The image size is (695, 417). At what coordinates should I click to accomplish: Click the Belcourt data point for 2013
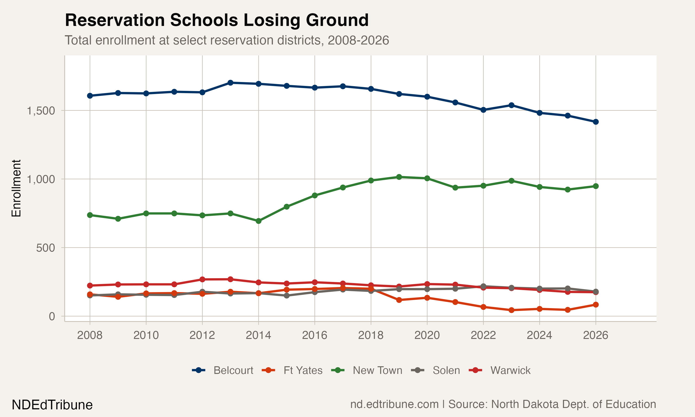[230, 83]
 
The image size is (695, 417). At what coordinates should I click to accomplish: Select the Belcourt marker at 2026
[596, 122]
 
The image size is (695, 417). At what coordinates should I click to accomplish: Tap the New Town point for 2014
[259, 221]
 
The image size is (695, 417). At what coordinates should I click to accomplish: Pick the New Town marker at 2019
[399, 177]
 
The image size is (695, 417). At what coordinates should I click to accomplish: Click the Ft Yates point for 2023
[511, 310]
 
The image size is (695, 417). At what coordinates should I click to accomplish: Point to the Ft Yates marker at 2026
[596, 305]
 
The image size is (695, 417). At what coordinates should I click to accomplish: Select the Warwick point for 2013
[230, 279]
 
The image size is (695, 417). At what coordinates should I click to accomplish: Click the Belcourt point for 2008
[90, 95]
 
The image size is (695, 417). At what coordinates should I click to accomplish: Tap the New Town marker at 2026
[596, 186]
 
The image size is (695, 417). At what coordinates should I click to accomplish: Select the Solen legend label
[446, 370]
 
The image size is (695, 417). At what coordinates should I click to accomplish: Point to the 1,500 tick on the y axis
[41, 111]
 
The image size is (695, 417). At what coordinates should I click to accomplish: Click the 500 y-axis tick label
[45, 248]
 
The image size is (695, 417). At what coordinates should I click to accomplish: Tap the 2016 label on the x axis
[315, 335]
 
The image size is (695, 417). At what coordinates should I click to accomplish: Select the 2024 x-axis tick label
[539, 335]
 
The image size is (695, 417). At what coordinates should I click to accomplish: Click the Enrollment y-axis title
[16, 188]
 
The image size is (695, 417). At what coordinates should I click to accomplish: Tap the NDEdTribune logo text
[52, 405]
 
